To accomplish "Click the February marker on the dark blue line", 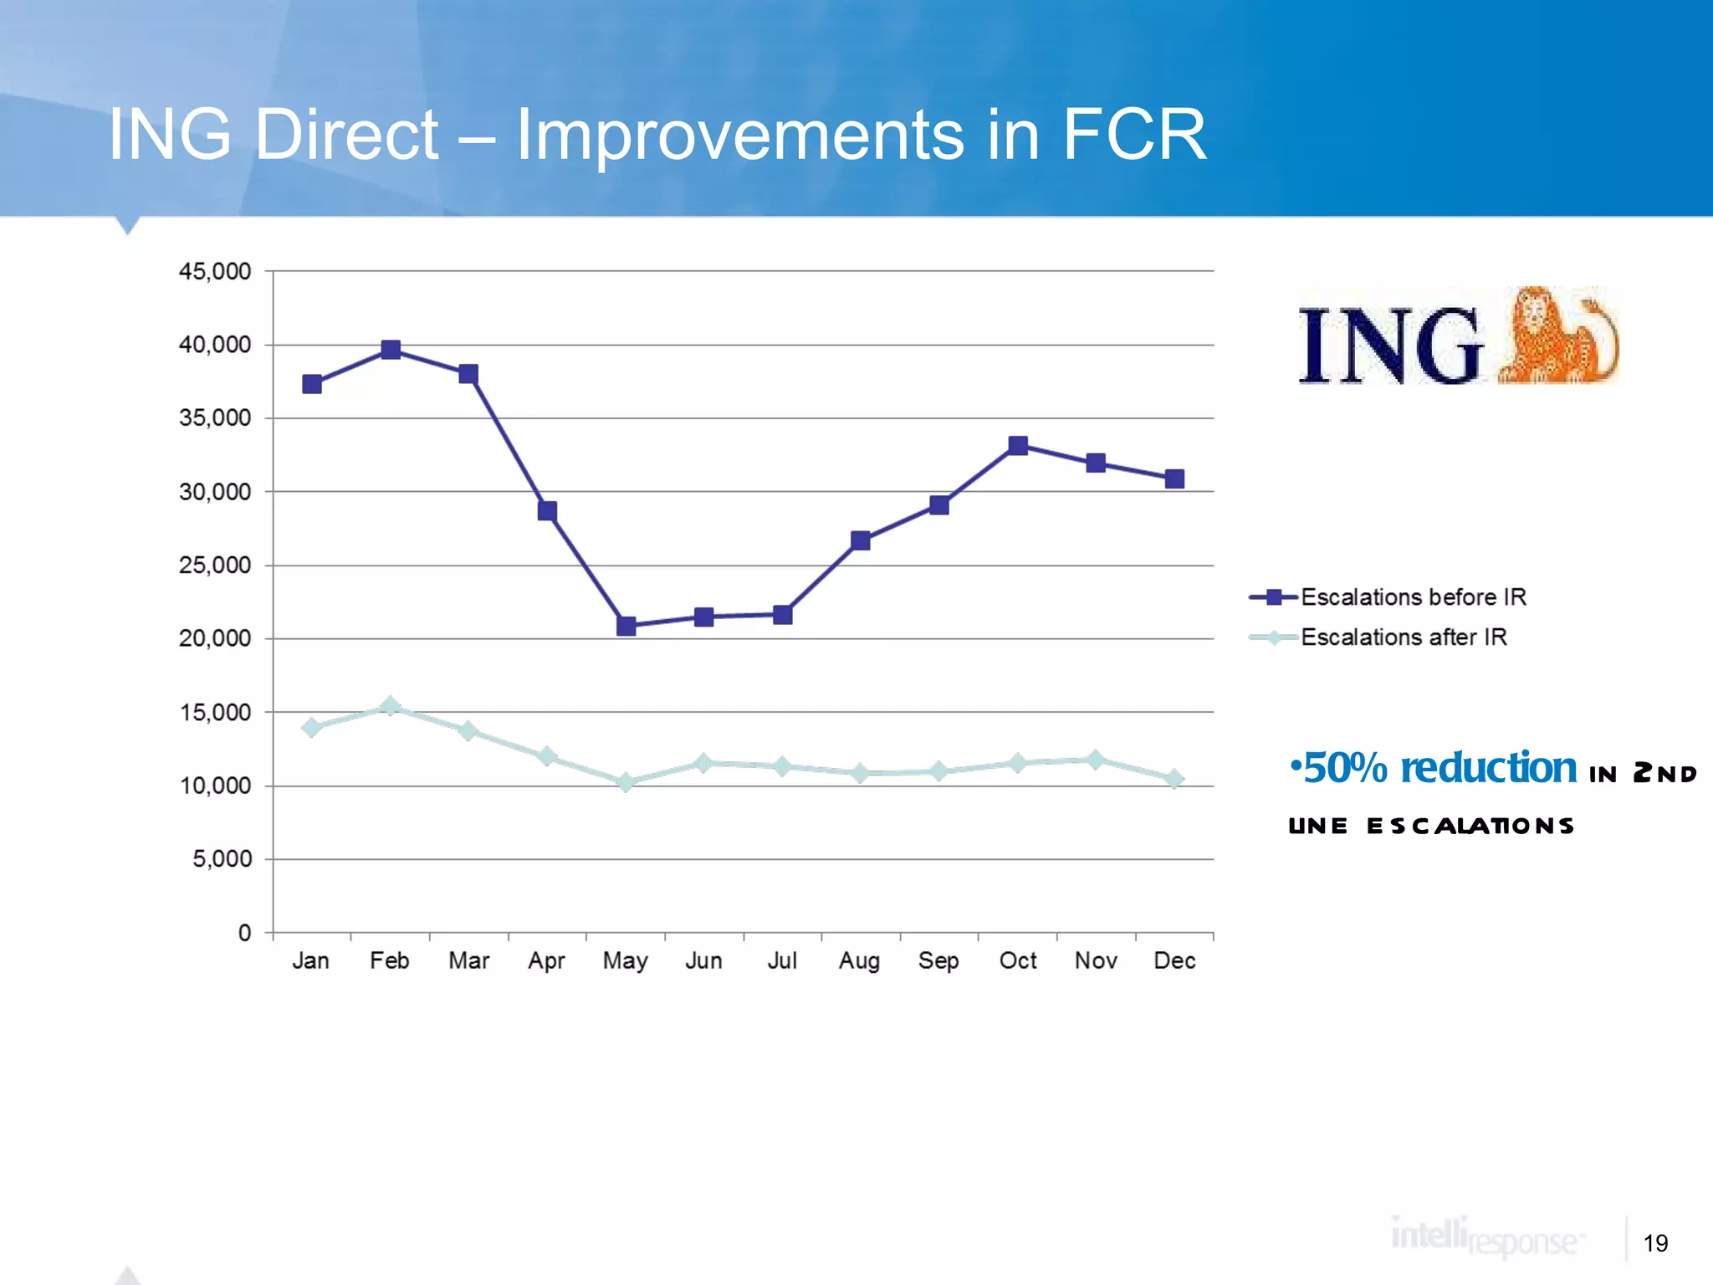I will pyautogui.click(x=391, y=350).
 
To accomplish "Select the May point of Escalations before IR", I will pyautogui.click(x=626, y=626).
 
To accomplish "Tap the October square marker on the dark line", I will pyautogui.click(x=1018, y=446).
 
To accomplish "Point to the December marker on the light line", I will pyautogui.click(x=1174, y=779).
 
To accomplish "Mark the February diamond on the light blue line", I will pyautogui.click(x=390, y=706).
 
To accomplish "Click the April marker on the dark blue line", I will pyautogui.click(x=547, y=511).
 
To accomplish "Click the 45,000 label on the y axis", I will pyautogui.click(x=215, y=271).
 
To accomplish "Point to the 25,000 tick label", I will pyautogui.click(x=215, y=566).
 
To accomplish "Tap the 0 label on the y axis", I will pyautogui.click(x=244, y=933).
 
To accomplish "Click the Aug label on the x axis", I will pyautogui.click(x=860, y=960).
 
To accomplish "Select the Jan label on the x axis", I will pyautogui.click(x=311, y=960).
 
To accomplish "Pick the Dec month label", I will pyautogui.click(x=1174, y=960).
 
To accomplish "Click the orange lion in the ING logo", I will pyautogui.click(x=1556, y=337).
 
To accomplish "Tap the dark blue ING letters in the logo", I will pyautogui.click(x=1389, y=346).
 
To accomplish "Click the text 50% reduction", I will pyautogui.click(x=1439, y=768).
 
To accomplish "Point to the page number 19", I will pyautogui.click(x=1655, y=1243).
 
